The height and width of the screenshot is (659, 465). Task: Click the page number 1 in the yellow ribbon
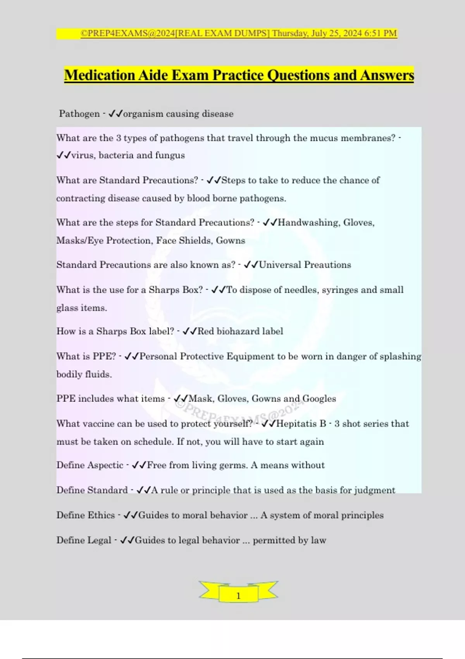238,596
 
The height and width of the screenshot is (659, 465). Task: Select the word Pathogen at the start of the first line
79,114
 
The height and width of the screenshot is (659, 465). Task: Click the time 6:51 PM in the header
381,33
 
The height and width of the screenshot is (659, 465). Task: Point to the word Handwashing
308,223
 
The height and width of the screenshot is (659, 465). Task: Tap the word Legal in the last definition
100,540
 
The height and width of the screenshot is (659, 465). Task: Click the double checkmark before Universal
251,265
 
